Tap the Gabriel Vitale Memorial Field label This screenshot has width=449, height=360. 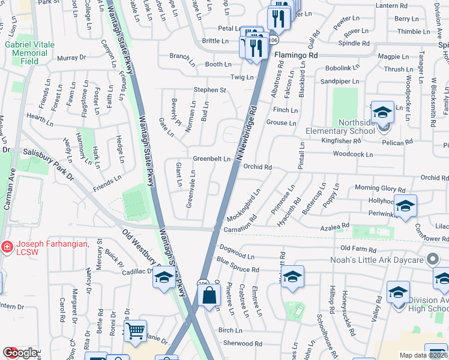tap(29, 53)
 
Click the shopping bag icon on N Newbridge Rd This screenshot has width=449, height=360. tap(209, 296)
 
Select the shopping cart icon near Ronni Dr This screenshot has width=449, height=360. tap(135, 330)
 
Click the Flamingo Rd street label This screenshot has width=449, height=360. tap(296, 55)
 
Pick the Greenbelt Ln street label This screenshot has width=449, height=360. tap(211, 159)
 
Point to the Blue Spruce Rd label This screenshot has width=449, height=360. tap(238, 265)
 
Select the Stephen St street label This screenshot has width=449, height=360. tap(209, 90)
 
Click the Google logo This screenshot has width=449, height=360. tap(19, 353)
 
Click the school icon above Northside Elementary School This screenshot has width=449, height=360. tap(382, 112)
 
